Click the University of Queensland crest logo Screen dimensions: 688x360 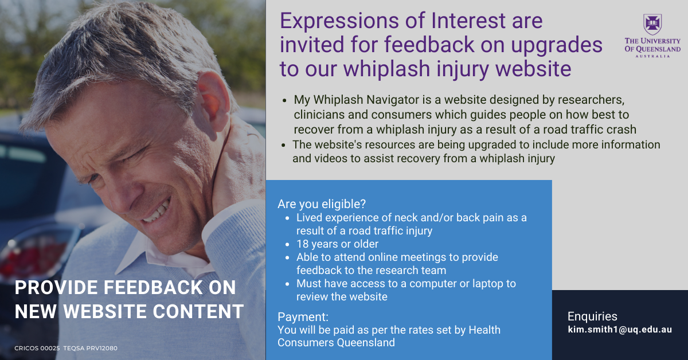[652, 24]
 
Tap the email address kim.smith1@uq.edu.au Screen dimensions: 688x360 [620, 330]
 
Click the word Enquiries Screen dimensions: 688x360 [592, 316]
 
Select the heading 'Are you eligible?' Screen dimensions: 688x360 [322, 204]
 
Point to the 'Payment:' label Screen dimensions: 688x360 [303, 316]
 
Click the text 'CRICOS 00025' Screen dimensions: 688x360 [37, 349]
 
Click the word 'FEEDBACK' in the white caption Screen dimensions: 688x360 [153, 288]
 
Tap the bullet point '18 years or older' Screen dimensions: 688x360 [337, 244]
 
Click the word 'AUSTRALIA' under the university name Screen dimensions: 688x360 [652, 56]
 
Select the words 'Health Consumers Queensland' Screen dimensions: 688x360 [389, 336]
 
